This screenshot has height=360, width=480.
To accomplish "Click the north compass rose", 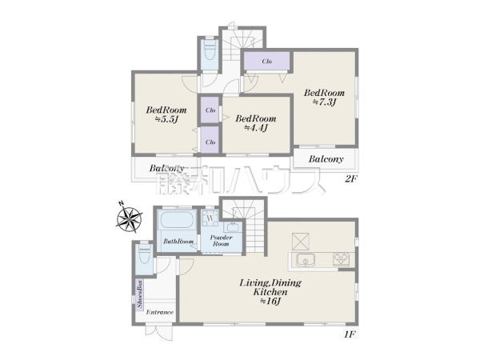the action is (130, 218).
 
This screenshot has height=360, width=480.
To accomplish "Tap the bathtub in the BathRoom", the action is (177, 220).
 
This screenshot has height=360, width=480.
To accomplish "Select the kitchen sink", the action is (306, 260).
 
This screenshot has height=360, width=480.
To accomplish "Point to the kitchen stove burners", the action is (342, 259).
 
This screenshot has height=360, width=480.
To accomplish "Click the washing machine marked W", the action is (210, 218).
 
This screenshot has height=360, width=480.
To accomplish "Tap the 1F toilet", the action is (144, 254).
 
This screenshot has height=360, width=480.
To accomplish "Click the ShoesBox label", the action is (139, 294).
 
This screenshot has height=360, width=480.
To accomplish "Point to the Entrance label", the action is (159, 312).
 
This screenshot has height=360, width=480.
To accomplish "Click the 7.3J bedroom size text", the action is (324, 102).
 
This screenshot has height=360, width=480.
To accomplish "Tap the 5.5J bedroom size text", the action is (166, 119).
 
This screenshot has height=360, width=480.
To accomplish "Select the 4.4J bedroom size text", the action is (256, 128).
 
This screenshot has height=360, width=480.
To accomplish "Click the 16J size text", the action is (270, 302).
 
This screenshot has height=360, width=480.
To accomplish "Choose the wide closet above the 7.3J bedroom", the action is (266, 62).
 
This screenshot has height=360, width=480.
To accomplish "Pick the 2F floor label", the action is (351, 178).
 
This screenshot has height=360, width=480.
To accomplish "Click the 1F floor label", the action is (350, 334).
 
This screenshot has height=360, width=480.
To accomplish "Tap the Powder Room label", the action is (221, 241).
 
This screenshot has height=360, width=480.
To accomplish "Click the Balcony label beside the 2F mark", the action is (326, 159).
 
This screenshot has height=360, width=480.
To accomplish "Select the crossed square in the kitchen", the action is (300, 242).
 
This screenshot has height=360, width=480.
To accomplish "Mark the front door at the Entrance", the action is (159, 332).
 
